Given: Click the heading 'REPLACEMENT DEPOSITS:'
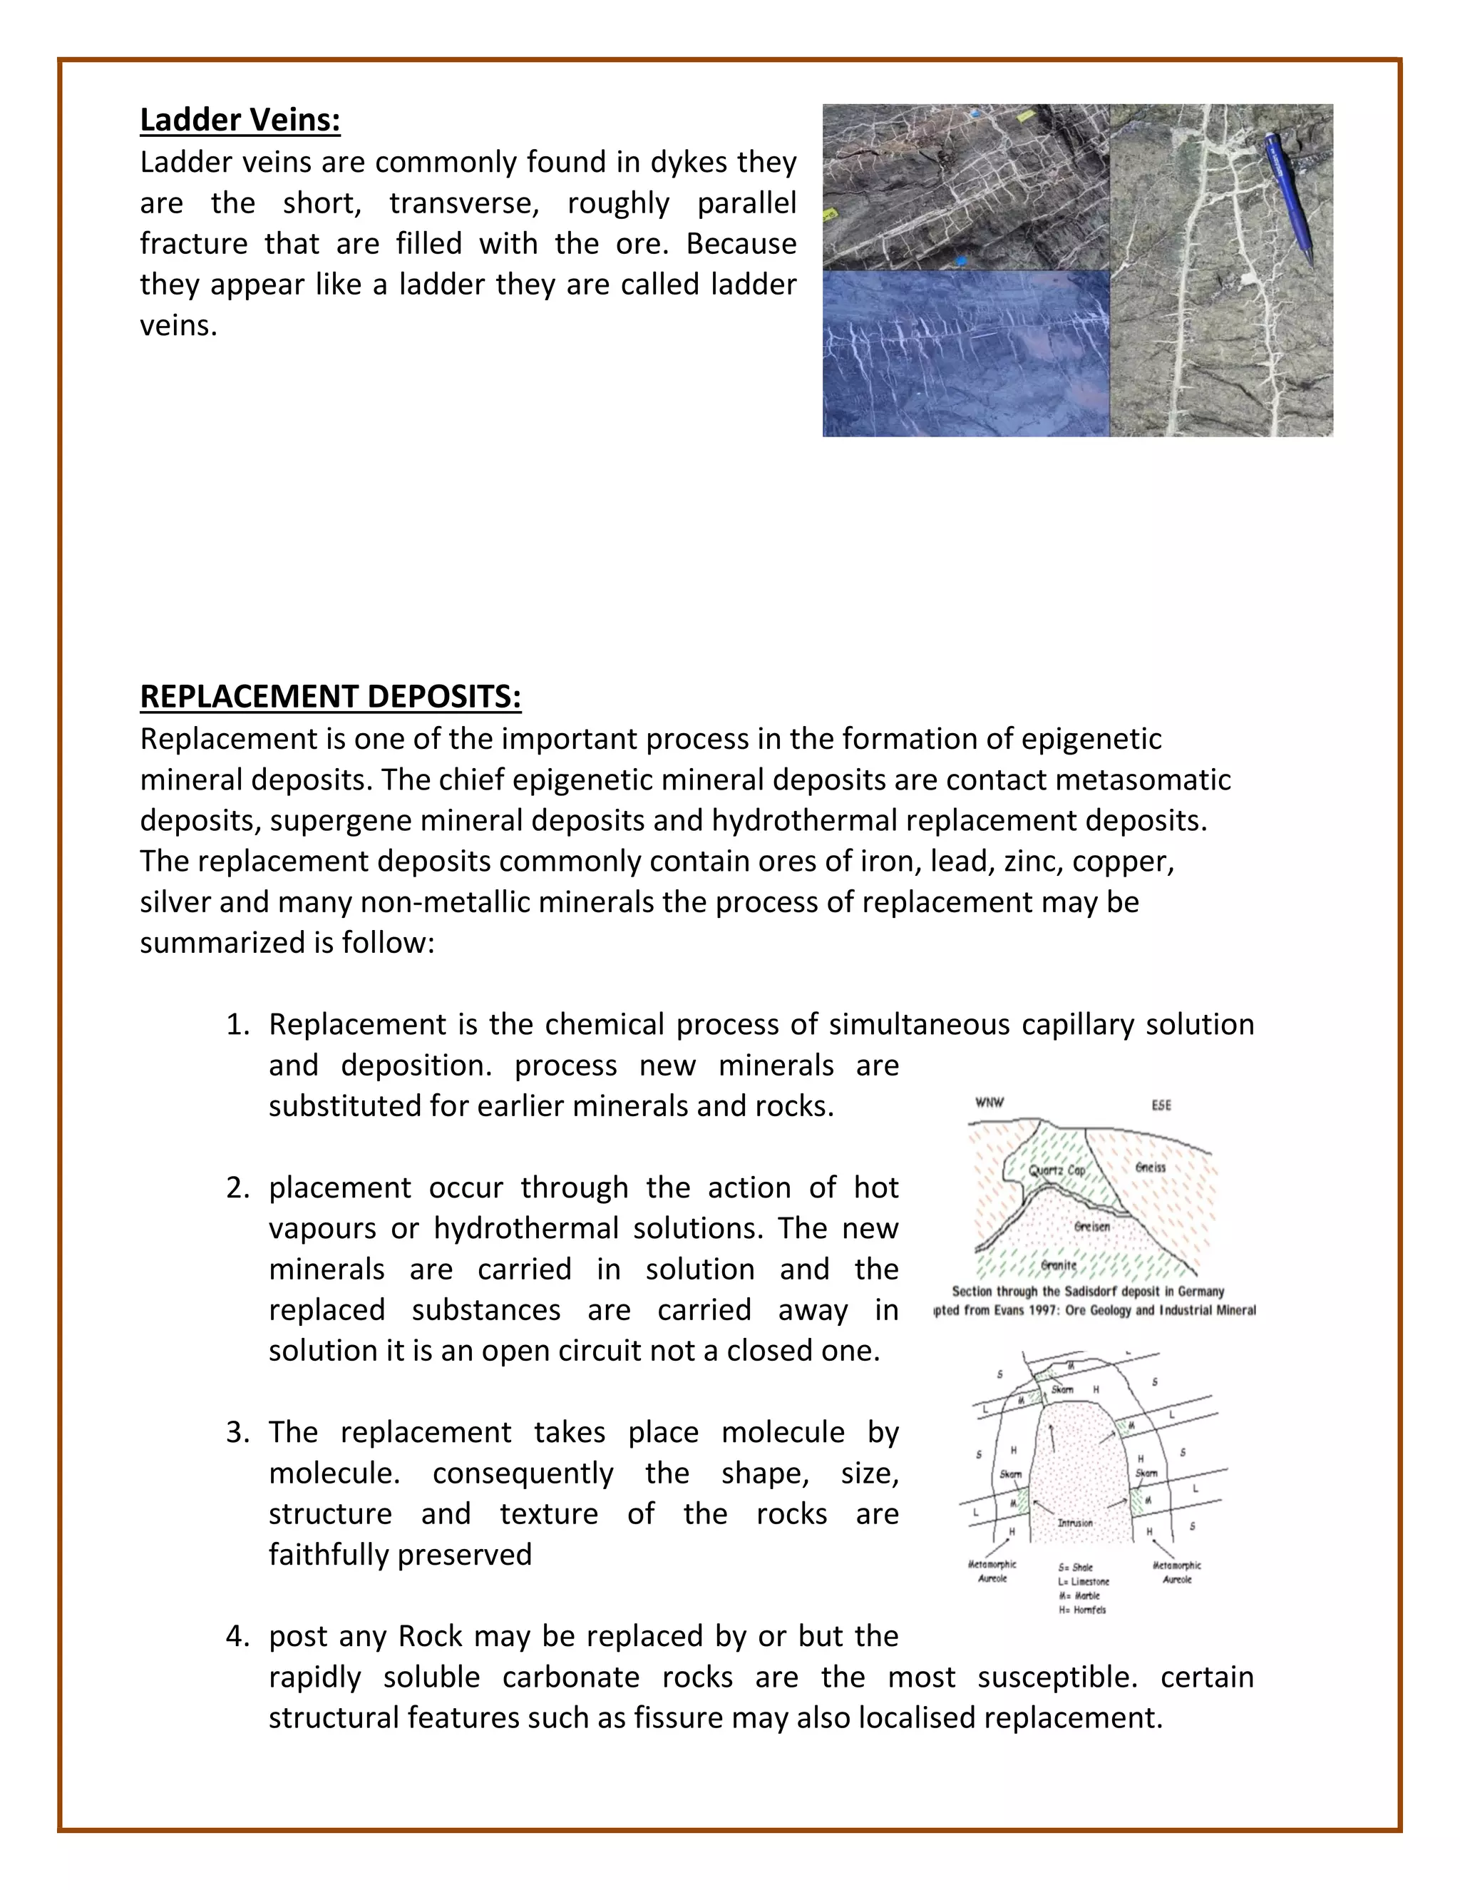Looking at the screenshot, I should (330, 697).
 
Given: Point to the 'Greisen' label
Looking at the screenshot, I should (1091, 1226).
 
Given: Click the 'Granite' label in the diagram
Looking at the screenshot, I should (1059, 1265).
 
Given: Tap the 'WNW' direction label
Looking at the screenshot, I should (989, 1103).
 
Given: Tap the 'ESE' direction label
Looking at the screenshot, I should (1161, 1106).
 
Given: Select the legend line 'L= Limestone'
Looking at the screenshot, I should (1084, 1581).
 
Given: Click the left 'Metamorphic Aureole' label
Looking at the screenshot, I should (992, 1571).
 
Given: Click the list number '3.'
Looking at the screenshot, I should (238, 1432).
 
